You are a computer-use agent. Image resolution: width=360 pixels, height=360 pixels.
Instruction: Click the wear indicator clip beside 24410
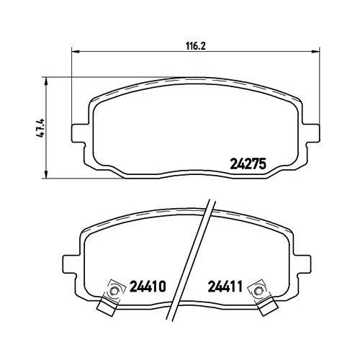110,295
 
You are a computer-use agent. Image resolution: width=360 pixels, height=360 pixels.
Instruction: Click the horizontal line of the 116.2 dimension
144,52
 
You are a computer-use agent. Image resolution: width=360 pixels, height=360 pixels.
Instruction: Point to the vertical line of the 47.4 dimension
48,101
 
